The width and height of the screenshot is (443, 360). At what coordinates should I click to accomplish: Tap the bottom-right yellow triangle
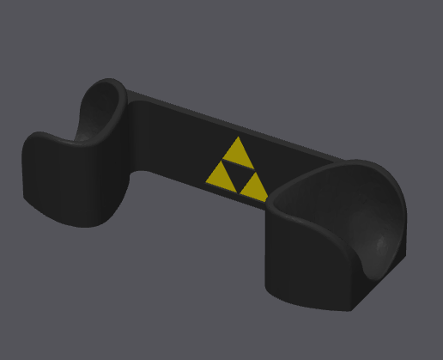click(x=251, y=183)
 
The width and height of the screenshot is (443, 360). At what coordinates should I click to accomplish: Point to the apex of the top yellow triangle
click(x=236, y=137)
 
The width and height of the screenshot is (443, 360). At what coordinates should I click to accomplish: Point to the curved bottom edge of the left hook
click(x=77, y=222)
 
